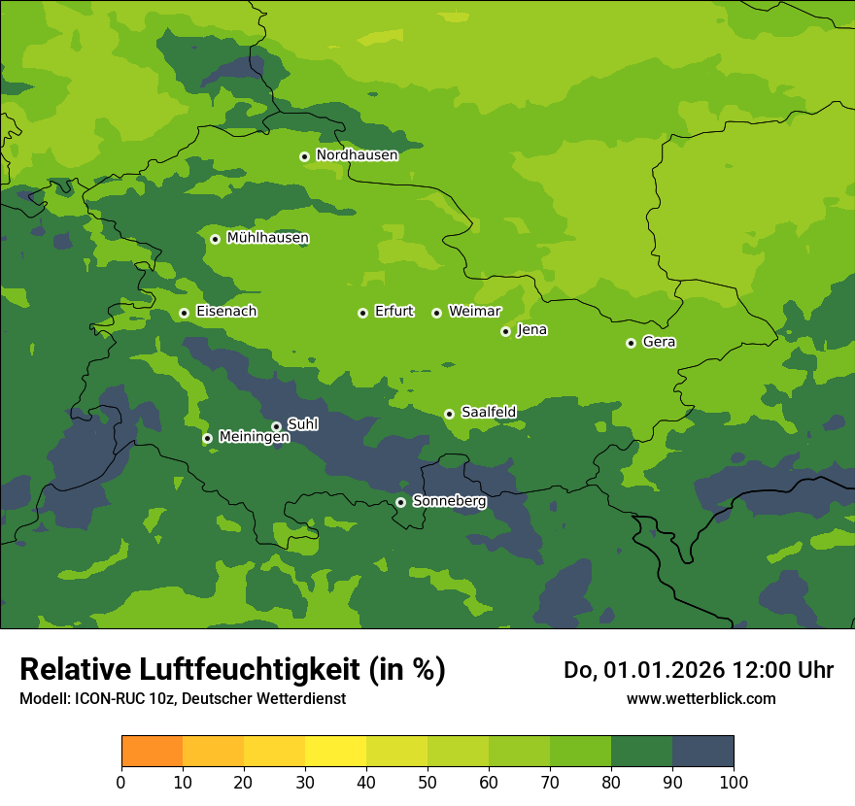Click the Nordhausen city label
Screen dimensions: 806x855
[x=357, y=155]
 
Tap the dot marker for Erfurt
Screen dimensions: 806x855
[x=362, y=313]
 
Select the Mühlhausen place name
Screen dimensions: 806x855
[x=267, y=238]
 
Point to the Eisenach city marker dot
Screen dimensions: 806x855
[x=184, y=313]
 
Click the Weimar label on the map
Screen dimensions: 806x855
[x=474, y=312]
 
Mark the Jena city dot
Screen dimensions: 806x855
[x=505, y=331]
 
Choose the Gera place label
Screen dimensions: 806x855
[x=659, y=342]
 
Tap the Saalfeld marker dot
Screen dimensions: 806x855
[x=449, y=414]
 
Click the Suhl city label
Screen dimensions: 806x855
[x=302, y=424]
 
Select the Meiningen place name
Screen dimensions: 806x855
[x=255, y=437]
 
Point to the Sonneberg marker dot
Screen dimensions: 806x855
[x=400, y=502]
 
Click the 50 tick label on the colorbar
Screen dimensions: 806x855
[x=427, y=782]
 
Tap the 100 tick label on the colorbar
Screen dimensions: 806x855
[x=733, y=782]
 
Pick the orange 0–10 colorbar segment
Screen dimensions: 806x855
[x=152, y=751]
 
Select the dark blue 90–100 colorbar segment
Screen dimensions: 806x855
[x=702, y=751]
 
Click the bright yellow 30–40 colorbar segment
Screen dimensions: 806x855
[x=335, y=751]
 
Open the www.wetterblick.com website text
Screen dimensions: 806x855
[x=701, y=698]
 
